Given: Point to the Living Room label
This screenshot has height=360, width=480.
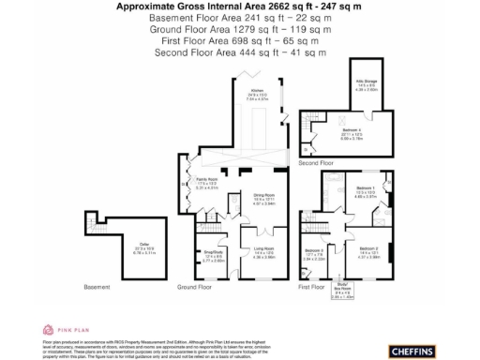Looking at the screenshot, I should pos(263,252).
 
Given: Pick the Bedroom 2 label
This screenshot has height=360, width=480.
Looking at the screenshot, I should pos(368,251).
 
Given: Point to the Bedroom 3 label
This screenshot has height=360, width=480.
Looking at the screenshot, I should pos(314,251).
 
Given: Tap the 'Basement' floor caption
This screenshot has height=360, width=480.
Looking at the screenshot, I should pos(97,287).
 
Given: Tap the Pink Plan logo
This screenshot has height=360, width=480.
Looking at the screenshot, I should pos(66,330).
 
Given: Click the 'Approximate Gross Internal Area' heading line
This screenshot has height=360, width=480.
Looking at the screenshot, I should pos(223,7).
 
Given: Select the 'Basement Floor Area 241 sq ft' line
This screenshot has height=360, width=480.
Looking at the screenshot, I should pos(223,18).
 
